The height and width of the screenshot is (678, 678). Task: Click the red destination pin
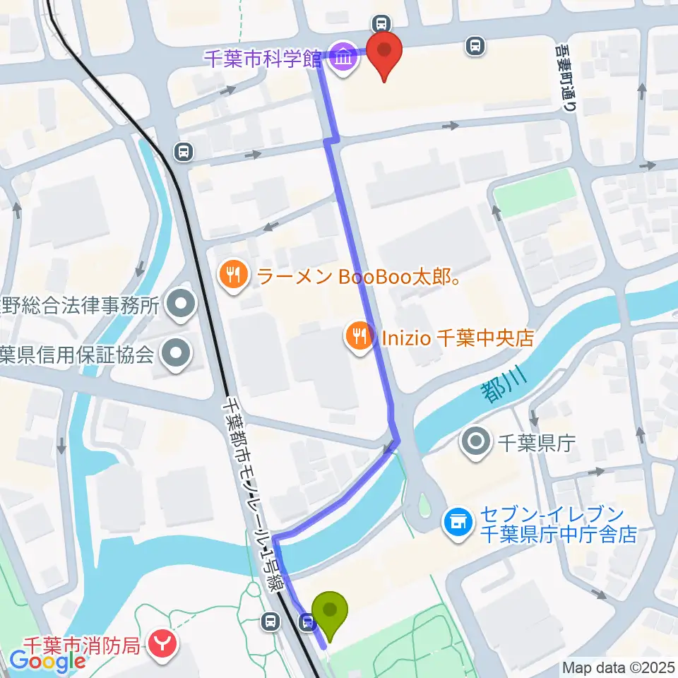(384, 54)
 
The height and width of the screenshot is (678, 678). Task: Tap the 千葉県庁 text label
(537, 444)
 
